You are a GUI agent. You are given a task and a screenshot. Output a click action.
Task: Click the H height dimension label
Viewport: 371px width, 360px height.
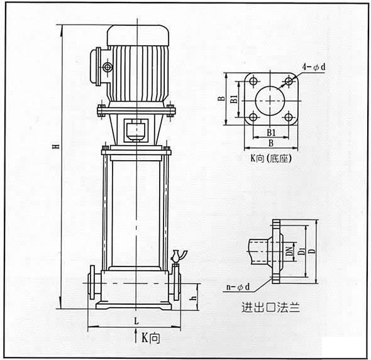click(x=57, y=146)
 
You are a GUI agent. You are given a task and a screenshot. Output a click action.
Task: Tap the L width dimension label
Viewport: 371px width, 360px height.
click(x=136, y=321)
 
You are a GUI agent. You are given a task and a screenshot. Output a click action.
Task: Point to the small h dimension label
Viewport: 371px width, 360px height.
click(x=194, y=298)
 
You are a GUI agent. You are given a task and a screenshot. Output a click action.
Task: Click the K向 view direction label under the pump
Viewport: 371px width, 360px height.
click(x=150, y=338)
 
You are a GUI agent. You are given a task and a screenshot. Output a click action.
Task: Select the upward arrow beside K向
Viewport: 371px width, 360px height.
click(x=136, y=336)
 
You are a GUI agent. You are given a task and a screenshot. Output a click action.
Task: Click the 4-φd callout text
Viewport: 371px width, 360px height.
click(x=314, y=67)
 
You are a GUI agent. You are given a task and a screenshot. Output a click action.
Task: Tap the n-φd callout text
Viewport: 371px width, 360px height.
click(x=238, y=287)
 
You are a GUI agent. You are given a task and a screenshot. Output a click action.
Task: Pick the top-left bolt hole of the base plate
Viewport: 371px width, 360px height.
click(x=253, y=81)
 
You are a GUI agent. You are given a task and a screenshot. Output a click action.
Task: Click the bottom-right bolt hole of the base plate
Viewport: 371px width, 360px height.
click(x=289, y=117)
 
